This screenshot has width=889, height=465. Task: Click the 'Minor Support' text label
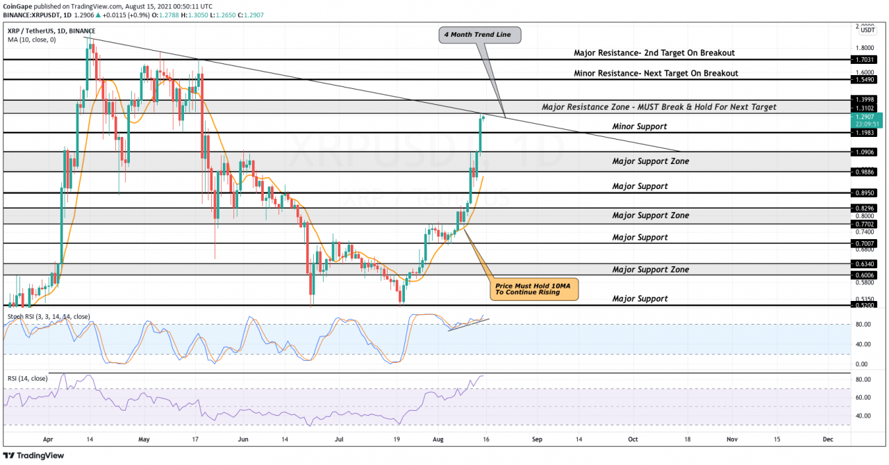[639, 127]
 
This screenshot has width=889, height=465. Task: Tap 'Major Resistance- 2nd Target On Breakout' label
[654, 53]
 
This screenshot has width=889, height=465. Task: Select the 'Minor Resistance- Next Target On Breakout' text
[655, 73]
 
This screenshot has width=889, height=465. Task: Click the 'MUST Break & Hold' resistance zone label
[658, 107]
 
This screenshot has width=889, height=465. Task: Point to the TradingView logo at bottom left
[35, 456]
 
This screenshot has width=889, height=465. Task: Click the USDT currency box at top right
[867, 30]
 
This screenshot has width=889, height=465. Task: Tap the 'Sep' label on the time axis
[537, 440]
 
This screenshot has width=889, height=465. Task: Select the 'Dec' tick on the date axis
[827, 440]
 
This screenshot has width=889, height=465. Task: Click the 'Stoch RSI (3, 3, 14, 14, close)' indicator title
[49, 317]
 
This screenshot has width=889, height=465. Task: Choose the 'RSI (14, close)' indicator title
[28, 378]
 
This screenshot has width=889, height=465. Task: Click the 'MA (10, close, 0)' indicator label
[32, 40]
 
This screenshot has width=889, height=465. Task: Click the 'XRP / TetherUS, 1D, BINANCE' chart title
[52, 31]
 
